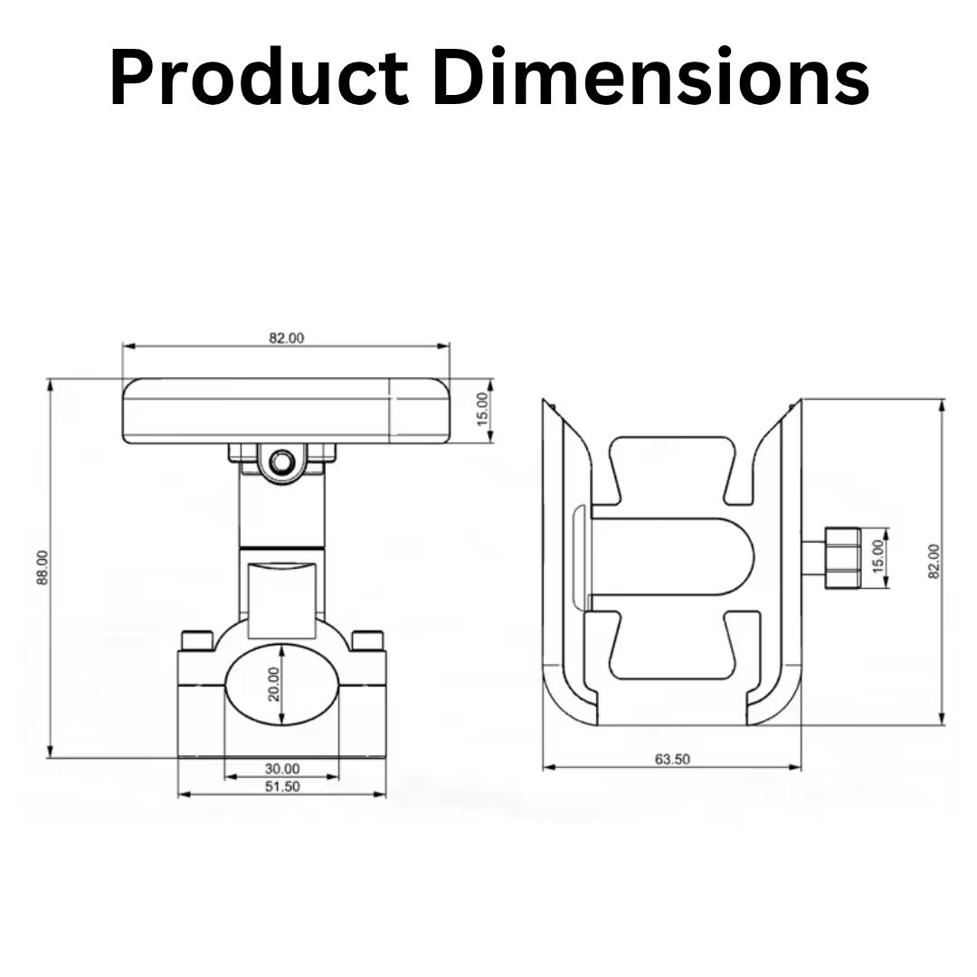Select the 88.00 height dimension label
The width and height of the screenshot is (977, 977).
[43, 567]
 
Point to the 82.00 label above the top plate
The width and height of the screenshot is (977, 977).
[287, 337]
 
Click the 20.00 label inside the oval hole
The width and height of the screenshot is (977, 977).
[274, 684]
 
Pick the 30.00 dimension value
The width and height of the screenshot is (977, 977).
[282, 769]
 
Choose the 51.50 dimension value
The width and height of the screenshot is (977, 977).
[282, 786]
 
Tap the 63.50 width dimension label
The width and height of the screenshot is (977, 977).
[672, 759]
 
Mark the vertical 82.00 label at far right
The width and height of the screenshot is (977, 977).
[934, 562]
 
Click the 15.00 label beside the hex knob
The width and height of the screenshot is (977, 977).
[877, 556]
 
